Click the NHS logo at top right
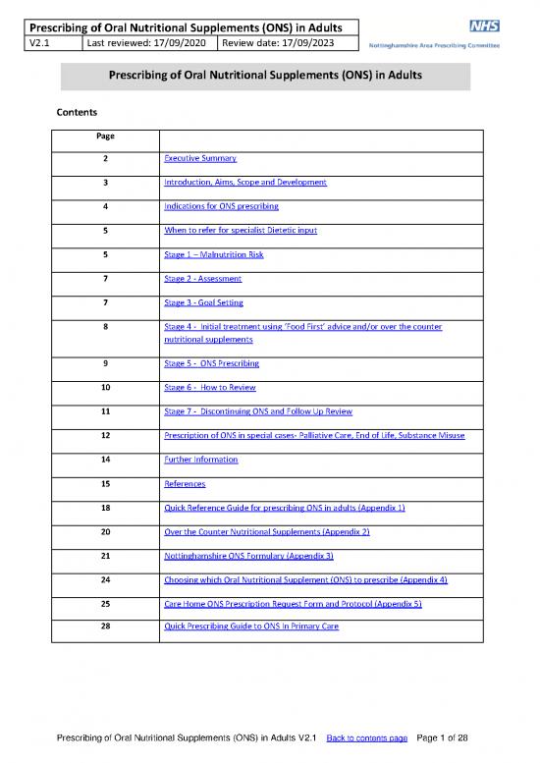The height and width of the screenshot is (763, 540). click(484, 27)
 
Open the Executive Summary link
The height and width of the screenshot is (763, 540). click(200, 158)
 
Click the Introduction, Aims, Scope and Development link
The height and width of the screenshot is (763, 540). click(244, 183)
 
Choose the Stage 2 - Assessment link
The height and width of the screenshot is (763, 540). click(202, 279)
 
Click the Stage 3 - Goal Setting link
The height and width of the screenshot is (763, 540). click(203, 302)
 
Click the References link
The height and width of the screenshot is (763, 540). click(184, 483)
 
